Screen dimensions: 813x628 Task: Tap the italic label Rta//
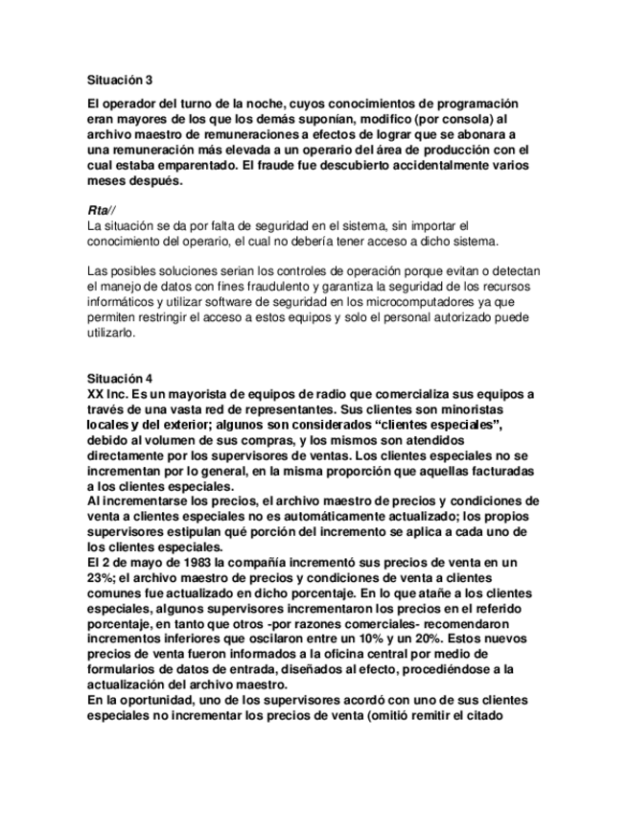pyautogui.click(x=100, y=207)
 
